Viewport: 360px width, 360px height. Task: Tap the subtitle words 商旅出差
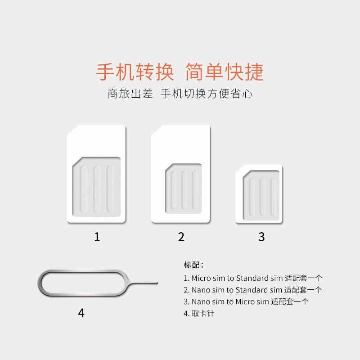point(130,94)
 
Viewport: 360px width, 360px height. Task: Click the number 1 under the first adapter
point(96,237)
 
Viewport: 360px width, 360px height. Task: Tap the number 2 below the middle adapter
point(181,237)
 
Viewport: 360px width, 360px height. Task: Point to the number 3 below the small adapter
point(261,237)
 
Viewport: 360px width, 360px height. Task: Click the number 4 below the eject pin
point(81,313)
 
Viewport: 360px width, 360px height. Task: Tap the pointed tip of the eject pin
point(157,283)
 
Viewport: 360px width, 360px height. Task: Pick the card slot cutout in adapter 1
point(97,184)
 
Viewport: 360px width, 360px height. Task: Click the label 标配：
point(194,264)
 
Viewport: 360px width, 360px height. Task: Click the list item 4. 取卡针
point(198,313)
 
